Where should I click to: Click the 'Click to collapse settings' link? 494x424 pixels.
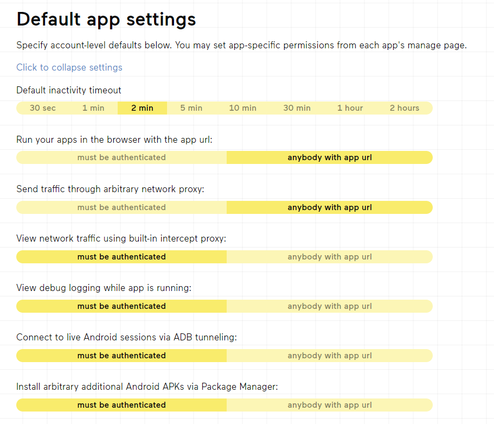pos(69,67)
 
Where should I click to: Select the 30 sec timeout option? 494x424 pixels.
pos(43,108)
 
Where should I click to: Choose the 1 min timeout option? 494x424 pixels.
pos(93,108)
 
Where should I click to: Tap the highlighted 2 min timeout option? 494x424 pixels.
pos(143,108)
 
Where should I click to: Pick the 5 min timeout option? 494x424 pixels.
pos(191,108)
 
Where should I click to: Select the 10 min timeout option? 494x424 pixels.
pos(242,108)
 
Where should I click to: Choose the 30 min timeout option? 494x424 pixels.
pos(297,108)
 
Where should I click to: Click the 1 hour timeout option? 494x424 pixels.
pos(350,108)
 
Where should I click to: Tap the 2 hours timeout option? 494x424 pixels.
pos(405,108)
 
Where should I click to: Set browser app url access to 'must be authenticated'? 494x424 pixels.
pos(121,157)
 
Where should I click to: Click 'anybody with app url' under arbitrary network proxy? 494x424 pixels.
pos(330,207)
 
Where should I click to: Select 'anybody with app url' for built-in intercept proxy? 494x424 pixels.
pos(330,257)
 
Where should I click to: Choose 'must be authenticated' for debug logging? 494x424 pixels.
pos(121,306)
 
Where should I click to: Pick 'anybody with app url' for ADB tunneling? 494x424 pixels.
pos(330,356)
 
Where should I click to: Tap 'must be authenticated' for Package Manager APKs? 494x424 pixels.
pos(121,405)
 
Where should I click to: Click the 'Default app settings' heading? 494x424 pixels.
pos(106,20)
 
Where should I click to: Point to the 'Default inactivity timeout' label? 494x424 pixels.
pos(69,90)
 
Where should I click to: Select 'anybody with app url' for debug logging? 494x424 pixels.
pos(330,306)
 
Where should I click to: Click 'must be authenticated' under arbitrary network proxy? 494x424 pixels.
pos(121,207)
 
